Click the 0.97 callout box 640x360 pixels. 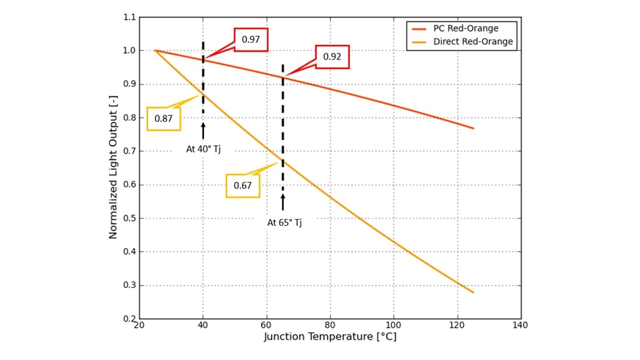tap(251, 39)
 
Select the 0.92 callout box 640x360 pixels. tap(332, 56)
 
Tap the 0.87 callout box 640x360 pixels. tap(163, 118)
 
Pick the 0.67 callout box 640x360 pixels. tap(242, 186)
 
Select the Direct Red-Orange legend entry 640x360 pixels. tap(472, 42)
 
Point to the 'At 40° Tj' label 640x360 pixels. tap(203, 149)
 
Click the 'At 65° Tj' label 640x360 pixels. tap(284, 223)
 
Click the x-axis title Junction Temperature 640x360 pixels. tap(330, 336)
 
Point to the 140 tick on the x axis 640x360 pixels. tap(520, 325)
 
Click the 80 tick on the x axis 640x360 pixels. tap(330, 325)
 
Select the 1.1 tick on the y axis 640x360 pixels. tap(129, 18)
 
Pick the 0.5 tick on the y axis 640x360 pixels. tap(129, 219)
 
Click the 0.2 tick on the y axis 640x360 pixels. tap(129, 319)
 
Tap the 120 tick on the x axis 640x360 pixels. tap(457, 325)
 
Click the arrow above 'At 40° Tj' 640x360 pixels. tap(203, 131)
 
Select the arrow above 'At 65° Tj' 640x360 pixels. tap(282, 203)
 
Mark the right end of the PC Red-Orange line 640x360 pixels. tap(473, 128)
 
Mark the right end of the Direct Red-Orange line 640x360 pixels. tap(473, 293)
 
